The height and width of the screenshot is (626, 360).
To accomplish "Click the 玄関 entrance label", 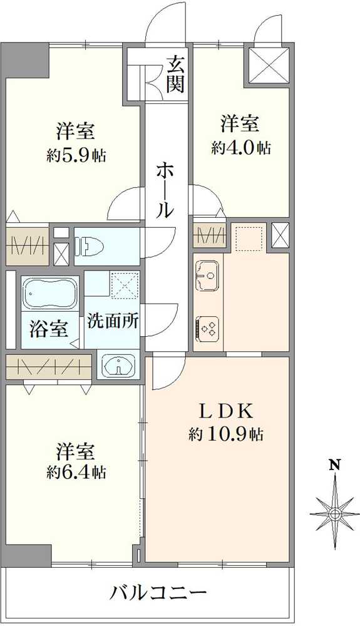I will coord(176,74).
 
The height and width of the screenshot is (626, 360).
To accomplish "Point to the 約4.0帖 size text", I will coord(241,148).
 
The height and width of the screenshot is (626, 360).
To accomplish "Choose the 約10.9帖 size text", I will coord(226,434).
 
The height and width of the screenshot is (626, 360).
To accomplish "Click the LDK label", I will coord(225,411).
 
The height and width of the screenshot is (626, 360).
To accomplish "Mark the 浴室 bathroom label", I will coord(49,329).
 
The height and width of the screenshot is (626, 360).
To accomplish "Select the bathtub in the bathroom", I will coord(50,293).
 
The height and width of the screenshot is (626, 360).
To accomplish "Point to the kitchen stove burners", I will coord(208,327).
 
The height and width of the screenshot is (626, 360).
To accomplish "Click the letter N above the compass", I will coord(336,466).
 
